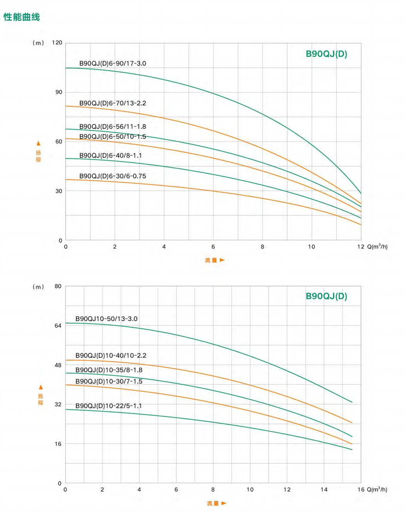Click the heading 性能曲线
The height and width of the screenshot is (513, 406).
(22, 17)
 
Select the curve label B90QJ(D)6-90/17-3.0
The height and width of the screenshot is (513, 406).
(112, 63)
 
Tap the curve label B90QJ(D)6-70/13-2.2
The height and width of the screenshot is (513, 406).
(112, 103)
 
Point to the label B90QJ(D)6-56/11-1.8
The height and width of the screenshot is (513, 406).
(112, 126)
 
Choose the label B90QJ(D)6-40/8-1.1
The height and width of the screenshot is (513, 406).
(110, 155)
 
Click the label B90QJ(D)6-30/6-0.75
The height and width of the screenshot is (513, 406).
(112, 176)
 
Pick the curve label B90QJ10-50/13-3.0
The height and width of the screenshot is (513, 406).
(106, 319)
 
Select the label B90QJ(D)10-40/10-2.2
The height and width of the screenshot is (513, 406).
(111, 355)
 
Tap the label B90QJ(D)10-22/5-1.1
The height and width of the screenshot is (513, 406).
(109, 406)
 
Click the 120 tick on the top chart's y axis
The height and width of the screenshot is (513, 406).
(57, 42)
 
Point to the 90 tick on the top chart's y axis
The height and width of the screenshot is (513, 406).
(59, 92)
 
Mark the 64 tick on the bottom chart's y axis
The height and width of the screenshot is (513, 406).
(58, 326)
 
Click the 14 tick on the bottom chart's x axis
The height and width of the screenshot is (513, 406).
(324, 489)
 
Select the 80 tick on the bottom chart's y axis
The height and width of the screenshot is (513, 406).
(58, 286)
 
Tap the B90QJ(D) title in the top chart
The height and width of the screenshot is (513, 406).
(326, 54)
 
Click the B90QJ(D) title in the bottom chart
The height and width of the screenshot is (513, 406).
(326, 296)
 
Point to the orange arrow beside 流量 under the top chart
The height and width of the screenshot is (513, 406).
(222, 260)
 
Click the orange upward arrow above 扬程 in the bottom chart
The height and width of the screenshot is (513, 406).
(41, 387)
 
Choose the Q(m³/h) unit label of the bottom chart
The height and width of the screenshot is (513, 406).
(377, 489)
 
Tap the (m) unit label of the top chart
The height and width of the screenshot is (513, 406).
(38, 43)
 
